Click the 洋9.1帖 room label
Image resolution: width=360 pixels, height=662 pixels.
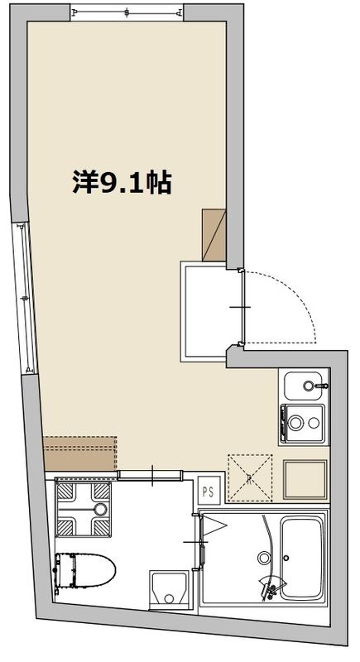(122, 183)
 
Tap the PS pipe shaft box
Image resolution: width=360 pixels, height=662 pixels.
(208, 489)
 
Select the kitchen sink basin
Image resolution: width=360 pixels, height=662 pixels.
(305, 386)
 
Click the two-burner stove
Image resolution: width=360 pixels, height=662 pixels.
(304, 424)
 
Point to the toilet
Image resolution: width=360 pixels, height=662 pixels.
(84, 570)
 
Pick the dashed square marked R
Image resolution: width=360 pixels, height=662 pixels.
(250, 477)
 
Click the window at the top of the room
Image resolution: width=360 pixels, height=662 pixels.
(127, 12)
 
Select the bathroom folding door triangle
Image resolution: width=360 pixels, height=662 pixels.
(212, 525)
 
